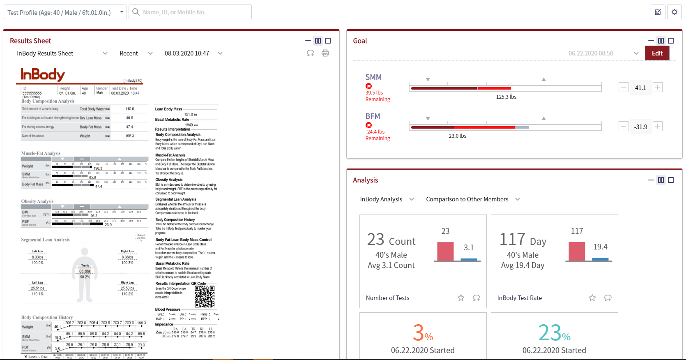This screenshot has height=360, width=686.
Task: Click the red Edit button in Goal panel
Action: (x=657, y=53)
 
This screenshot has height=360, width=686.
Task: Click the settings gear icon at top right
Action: (x=674, y=12)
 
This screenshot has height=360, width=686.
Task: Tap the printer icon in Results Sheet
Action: (x=325, y=53)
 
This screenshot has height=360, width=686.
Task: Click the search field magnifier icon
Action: (x=136, y=12)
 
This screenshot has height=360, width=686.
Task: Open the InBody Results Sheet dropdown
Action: (x=62, y=53)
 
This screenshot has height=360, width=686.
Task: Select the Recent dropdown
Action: (x=136, y=53)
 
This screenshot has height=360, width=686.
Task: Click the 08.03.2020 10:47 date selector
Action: (x=193, y=53)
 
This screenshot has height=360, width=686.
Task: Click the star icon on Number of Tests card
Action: (x=461, y=298)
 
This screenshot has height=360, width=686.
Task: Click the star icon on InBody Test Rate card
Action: (x=592, y=298)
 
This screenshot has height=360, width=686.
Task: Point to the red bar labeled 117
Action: (x=577, y=251)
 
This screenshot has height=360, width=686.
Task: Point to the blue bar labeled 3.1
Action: (x=469, y=259)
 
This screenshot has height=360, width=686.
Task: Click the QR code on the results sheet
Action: (x=205, y=296)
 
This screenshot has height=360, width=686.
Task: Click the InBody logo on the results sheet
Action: (x=43, y=75)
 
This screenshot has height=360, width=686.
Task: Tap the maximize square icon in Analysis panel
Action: (x=671, y=180)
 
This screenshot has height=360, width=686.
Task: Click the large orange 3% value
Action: (x=423, y=333)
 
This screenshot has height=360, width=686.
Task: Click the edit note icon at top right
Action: (x=658, y=12)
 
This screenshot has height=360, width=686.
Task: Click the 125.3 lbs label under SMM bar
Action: (x=506, y=97)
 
